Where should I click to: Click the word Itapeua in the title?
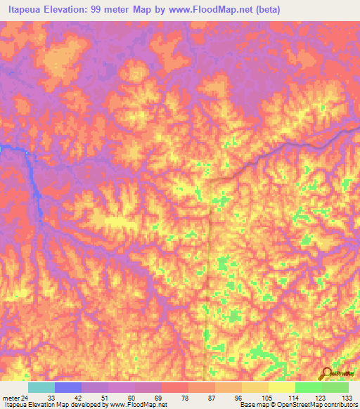point(25,9)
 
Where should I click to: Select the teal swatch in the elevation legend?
point(41,387)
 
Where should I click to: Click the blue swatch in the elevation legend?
point(68,387)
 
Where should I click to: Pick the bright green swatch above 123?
point(309,387)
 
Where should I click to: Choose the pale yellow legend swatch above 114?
point(282,387)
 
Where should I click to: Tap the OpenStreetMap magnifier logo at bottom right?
point(326,373)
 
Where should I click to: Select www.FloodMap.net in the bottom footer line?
point(139,405)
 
